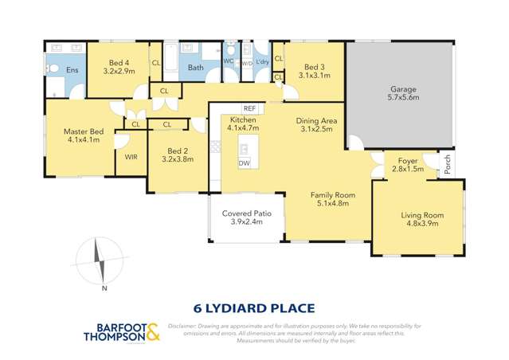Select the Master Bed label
click(x=84, y=131)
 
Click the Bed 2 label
click(x=178, y=149)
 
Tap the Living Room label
click(x=421, y=215)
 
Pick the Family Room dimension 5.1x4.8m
click(x=332, y=204)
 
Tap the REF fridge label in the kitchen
click(x=249, y=108)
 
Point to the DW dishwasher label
click(x=244, y=163)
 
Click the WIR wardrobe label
click(x=131, y=157)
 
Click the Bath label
click(x=196, y=68)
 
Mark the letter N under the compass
click(x=104, y=288)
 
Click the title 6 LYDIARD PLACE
click(x=254, y=307)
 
